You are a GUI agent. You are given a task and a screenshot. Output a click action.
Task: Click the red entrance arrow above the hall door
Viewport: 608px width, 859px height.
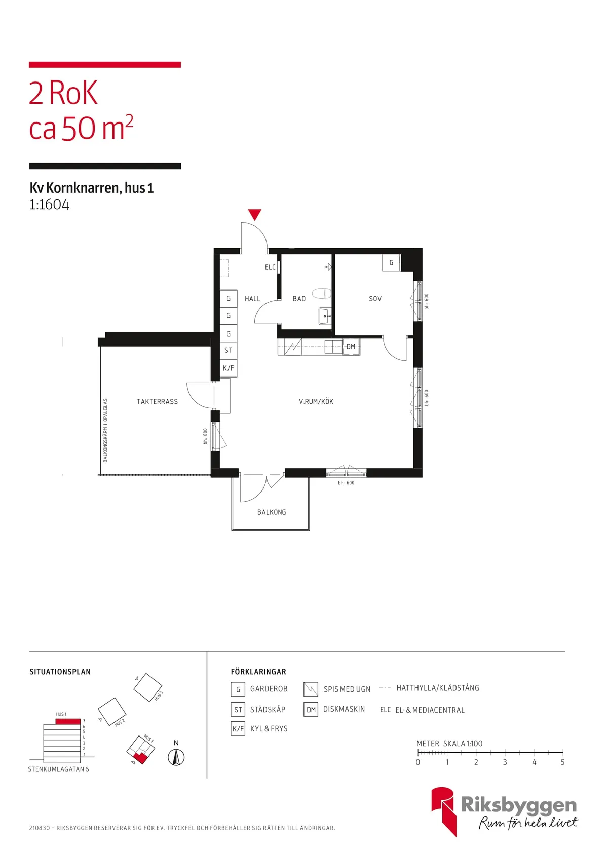254,214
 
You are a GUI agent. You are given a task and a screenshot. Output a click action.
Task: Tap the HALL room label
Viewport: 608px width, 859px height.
252,298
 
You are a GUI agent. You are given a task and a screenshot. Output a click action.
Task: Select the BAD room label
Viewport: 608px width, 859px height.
299,298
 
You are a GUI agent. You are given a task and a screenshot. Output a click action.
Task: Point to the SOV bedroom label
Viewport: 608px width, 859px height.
375,298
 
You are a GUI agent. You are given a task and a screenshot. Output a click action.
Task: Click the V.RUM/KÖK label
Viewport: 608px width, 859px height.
316,401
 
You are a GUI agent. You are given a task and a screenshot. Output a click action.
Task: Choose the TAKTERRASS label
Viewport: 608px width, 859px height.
158,401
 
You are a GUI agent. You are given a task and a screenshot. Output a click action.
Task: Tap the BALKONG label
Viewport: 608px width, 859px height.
272,512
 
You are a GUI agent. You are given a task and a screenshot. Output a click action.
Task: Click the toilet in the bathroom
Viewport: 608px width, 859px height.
321,294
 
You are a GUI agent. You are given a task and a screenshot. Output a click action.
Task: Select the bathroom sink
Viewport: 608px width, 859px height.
325,316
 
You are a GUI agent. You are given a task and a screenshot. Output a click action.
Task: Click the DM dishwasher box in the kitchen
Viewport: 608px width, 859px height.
351,347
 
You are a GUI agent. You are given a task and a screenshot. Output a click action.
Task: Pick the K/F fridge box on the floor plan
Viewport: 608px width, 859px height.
229,368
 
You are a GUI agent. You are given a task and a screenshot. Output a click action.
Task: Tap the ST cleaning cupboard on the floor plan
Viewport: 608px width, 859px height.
229,350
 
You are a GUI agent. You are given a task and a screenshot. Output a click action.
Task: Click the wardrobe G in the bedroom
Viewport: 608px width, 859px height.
391,263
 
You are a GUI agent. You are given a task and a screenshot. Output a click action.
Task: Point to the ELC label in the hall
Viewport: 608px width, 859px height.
270,267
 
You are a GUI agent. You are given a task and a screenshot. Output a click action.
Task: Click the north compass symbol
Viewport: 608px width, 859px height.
176,757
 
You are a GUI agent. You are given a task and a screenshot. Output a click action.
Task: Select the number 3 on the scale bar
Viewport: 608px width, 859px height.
505,762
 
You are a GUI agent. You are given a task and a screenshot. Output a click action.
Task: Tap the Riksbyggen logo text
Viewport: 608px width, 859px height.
518,805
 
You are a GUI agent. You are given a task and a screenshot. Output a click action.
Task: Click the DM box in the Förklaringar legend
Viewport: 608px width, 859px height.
311,710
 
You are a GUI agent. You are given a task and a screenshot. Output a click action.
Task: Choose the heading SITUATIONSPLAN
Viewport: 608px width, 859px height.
60,672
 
